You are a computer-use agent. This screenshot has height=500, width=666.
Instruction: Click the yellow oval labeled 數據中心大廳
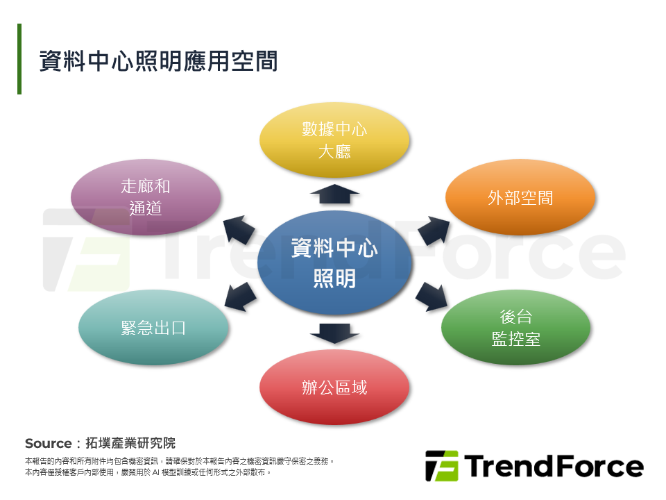334,140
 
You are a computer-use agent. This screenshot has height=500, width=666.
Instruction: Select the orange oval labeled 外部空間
520,197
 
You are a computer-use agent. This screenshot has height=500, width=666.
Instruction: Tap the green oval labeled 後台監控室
515,327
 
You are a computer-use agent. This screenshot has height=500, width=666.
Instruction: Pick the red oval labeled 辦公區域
334,387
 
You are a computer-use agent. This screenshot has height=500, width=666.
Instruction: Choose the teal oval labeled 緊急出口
153,327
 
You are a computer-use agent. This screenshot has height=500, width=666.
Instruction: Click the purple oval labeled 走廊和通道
146,197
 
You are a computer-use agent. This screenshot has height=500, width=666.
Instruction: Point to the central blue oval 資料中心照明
334,262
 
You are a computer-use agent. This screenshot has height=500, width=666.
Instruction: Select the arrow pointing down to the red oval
334,332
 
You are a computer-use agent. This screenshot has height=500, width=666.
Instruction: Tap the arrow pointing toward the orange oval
433,229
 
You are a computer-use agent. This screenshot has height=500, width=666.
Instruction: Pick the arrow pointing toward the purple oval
238,229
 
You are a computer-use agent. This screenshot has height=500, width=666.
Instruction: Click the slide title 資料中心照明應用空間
158,60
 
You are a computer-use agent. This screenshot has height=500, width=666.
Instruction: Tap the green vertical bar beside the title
19,59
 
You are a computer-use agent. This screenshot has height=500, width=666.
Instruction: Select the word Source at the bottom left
48,443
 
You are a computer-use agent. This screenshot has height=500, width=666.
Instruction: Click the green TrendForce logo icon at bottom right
442,466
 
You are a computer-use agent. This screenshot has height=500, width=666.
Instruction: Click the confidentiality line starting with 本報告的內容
180,460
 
